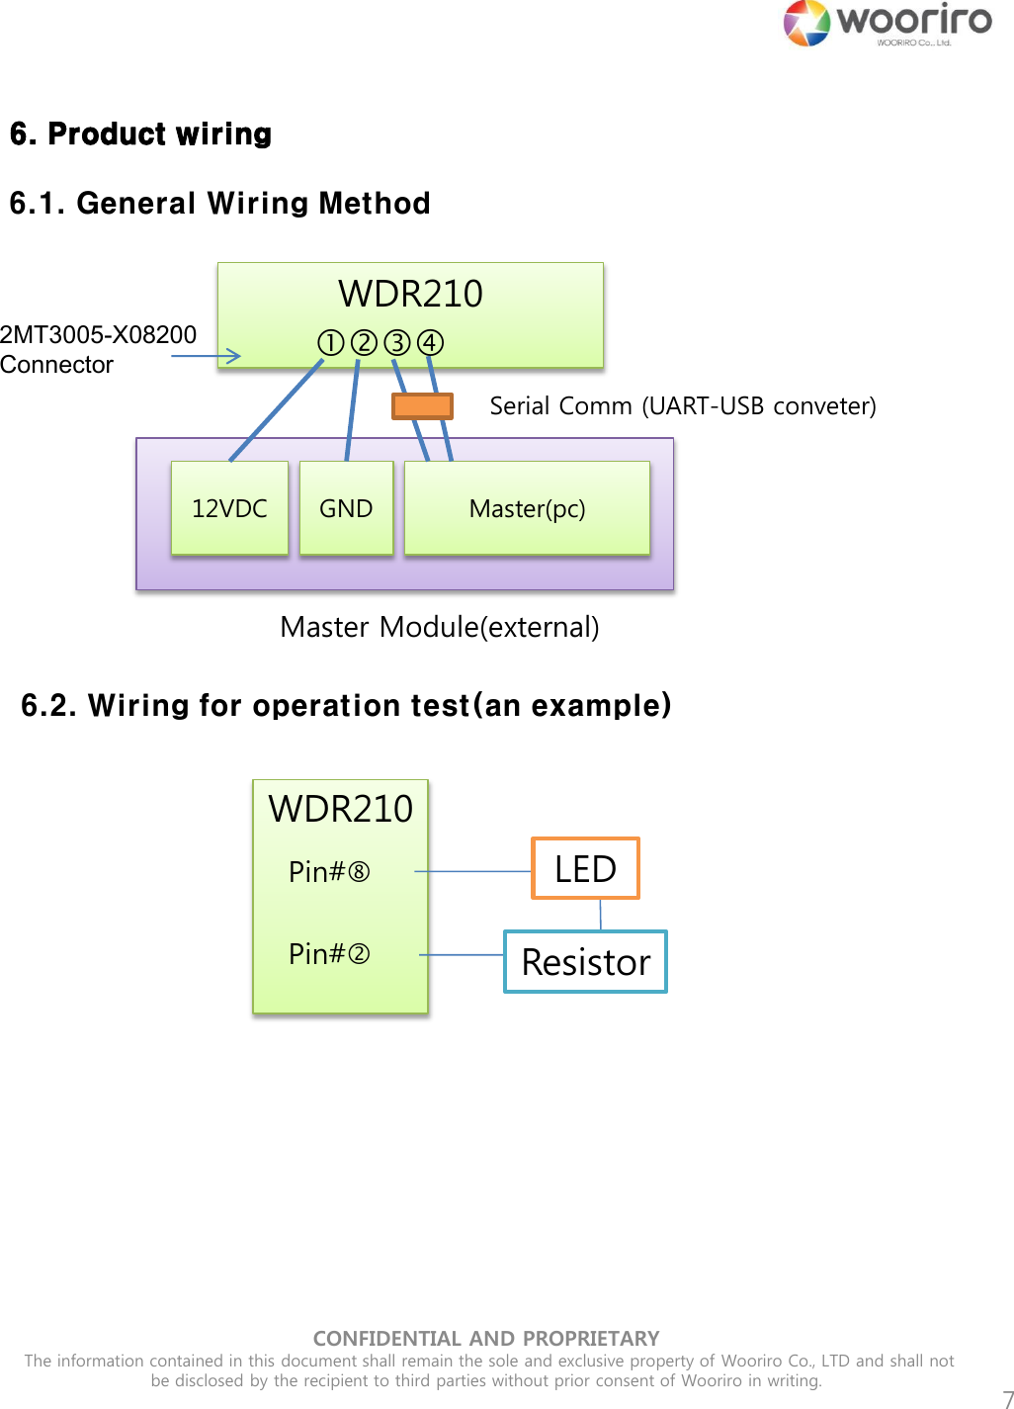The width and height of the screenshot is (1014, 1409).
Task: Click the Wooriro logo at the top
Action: point(887,24)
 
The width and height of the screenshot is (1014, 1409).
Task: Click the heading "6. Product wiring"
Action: point(140,133)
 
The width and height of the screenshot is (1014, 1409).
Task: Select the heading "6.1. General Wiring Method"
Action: point(219,203)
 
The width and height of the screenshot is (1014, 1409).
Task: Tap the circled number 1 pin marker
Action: point(330,343)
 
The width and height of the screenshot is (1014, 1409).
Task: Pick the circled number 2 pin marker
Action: point(364,343)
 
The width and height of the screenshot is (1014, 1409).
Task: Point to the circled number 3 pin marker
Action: point(397,343)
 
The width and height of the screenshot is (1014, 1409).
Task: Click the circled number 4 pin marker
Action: point(430,343)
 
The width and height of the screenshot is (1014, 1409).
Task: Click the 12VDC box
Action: point(229,508)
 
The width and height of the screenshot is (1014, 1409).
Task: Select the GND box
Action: point(346,508)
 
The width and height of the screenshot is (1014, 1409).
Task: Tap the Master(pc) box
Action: point(527,508)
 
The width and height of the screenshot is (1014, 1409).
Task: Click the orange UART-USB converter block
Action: point(422,405)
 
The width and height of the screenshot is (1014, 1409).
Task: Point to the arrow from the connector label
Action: point(206,355)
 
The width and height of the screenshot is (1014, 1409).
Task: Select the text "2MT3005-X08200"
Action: point(98,335)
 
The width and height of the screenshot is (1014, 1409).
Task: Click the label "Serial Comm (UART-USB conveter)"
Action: point(683,405)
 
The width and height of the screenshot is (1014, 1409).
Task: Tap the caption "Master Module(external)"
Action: point(439,627)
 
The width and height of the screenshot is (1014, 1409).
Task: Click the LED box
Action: point(585,868)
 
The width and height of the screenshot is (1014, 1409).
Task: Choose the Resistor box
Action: point(585,961)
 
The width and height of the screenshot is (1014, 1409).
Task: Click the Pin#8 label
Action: point(329,871)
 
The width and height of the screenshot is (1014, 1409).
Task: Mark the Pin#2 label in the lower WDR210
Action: point(329,954)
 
